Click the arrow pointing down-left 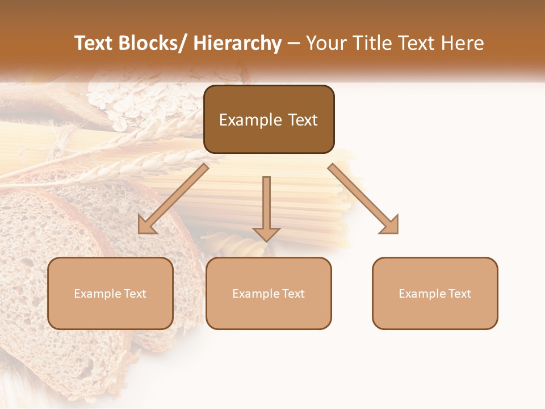click(x=173, y=199)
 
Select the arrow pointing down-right click(x=363, y=199)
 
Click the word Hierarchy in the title click(x=237, y=43)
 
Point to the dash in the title click(x=294, y=43)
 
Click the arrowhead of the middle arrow click(x=266, y=233)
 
